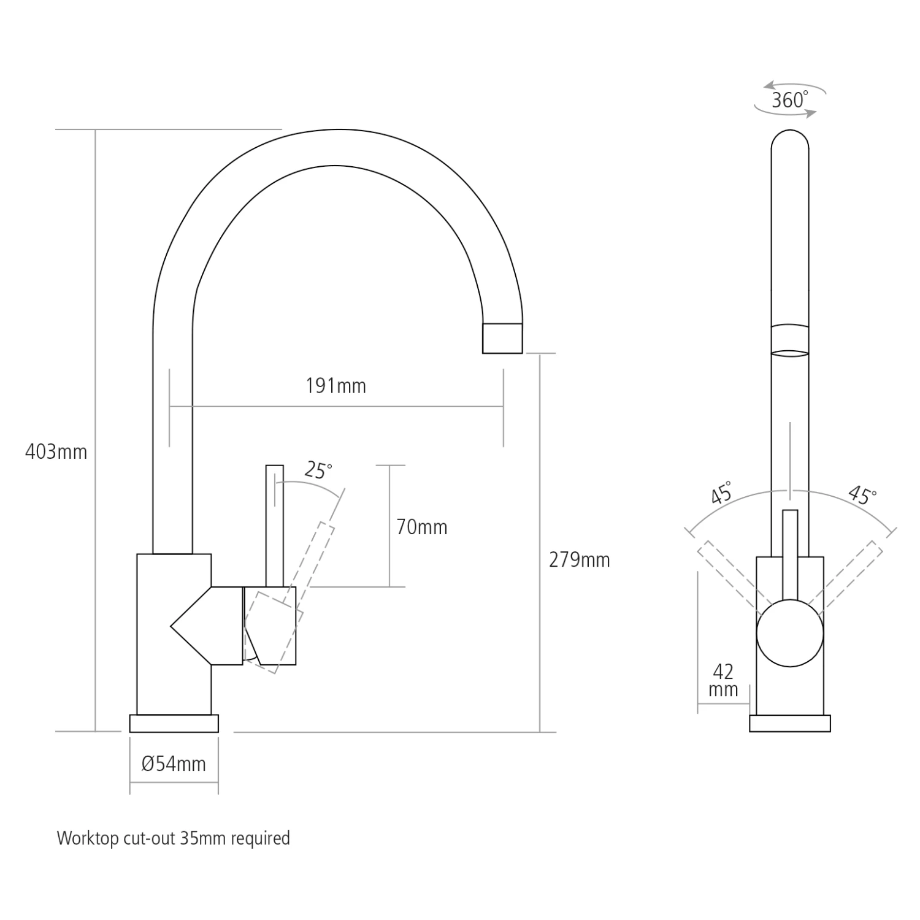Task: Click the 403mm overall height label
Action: [56, 452]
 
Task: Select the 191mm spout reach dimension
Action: [335, 386]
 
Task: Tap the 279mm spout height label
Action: [579, 560]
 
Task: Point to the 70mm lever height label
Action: [421, 527]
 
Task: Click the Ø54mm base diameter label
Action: [174, 764]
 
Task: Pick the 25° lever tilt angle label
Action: [318, 470]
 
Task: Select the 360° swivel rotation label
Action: [789, 99]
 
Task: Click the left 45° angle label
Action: [721, 493]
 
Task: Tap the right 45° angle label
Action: [862, 494]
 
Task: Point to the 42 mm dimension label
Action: [723, 680]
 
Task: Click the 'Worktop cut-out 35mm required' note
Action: [174, 838]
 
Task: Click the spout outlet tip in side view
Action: [502, 338]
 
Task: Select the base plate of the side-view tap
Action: [174, 723]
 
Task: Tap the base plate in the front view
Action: [790, 723]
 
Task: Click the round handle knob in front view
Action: [790, 633]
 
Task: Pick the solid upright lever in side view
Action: [274, 524]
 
